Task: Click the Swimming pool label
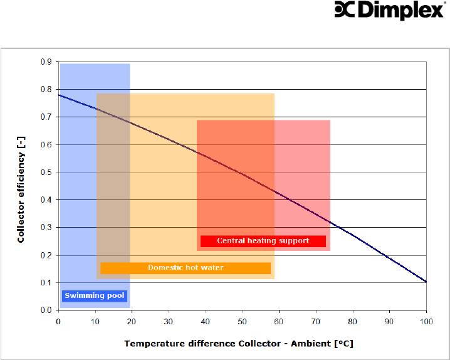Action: tap(95, 296)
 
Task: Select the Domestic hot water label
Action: tap(186, 268)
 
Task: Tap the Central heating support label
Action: tap(263, 241)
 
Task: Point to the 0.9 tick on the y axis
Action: tap(46, 61)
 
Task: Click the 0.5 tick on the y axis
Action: tap(46, 172)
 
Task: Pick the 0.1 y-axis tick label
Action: tap(46, 282)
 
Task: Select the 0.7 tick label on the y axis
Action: tap(46, 117)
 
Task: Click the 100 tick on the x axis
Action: tap(426, 322)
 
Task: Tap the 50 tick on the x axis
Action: tap(242, 322)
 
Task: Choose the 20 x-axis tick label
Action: tap(132, 322)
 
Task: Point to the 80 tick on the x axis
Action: tap(353, 322)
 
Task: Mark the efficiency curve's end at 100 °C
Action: tap(426, 282)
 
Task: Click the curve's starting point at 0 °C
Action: tap(58, 95)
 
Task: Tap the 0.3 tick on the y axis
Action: tap(46, 227)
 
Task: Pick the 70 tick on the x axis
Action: tap(316, 322)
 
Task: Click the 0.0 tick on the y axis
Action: tap(46, 310)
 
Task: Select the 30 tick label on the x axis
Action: tap(169, 322)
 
